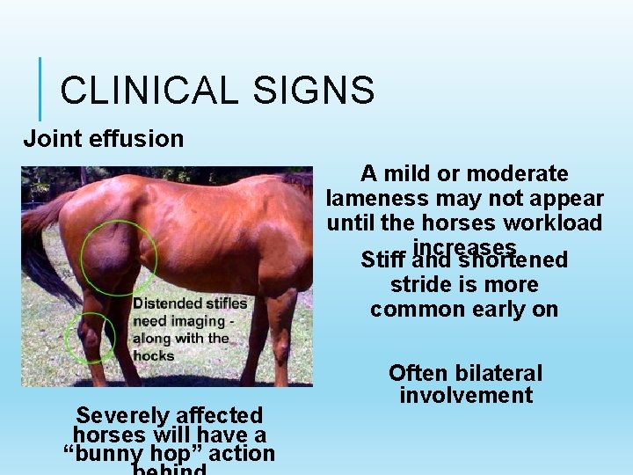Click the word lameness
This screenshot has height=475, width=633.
coord(379,198)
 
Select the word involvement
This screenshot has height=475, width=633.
coord(466,396)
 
